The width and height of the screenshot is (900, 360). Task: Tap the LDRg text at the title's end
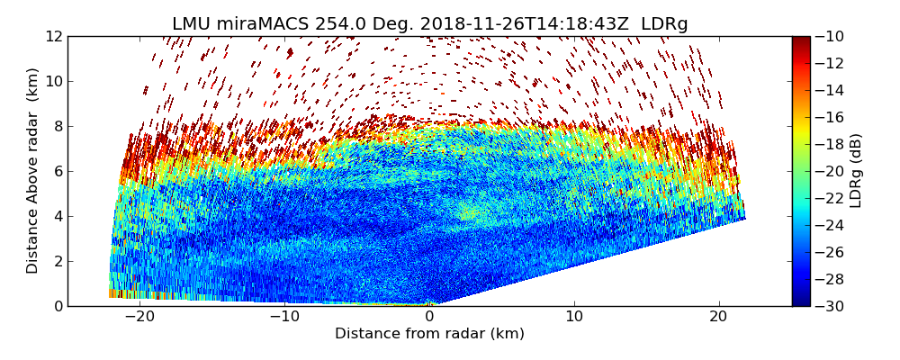pos(664,24)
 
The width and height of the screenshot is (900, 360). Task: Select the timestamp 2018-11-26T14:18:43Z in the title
pos(510,24)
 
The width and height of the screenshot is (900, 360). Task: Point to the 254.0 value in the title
pos(332,24)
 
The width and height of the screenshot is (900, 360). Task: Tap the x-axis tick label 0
pos(429,317)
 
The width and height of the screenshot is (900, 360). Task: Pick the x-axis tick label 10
pos(574,317)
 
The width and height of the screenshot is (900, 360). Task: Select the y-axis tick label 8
pos(58,126)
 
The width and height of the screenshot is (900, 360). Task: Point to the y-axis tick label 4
pos(58,216)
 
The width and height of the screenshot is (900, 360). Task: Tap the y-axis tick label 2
pos(58,261)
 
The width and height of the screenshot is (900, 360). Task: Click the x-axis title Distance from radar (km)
pos(429,334)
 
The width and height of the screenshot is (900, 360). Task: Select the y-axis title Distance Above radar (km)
pos(33,171)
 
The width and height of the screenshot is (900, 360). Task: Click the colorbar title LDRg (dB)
pos(856,171)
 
